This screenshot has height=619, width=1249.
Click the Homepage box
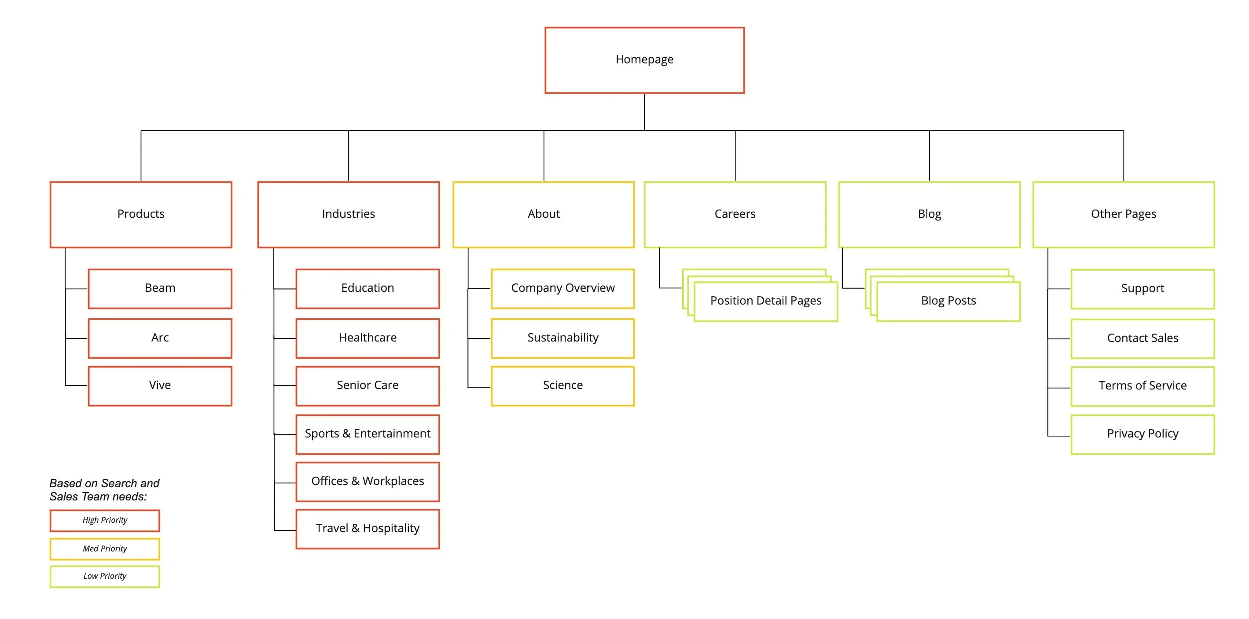click(644, 60)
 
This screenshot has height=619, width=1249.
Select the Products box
click(141, 214)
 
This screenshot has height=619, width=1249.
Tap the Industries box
click(348, 214)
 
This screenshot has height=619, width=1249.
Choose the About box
click(544, 214)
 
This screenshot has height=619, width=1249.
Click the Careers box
click(735, 214)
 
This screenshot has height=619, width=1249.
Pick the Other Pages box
click(1123, 214)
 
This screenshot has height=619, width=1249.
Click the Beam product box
click(160, 288)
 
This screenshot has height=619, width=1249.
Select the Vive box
click(160, 385)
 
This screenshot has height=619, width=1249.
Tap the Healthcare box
click(367, 338)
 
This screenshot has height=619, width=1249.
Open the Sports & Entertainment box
click(367, 434)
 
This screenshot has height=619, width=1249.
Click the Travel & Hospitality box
click(367, 528)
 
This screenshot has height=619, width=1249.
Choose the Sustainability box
click(563, 338)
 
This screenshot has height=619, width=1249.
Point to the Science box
click(563, 385)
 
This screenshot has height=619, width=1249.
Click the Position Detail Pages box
click(765, 301)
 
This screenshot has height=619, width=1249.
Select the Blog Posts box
click(948, 301)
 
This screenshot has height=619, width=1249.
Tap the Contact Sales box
click(1142, 338)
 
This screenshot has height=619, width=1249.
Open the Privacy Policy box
click(1142, 434)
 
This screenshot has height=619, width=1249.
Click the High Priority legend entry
click(105, 520)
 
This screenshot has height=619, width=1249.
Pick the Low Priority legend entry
click(105, 576)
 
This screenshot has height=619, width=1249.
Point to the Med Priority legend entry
click(105, 549)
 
